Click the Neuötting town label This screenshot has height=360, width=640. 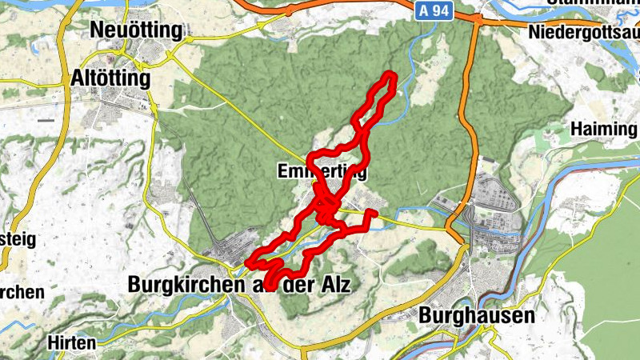coord(137,30)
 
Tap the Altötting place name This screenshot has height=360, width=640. coord(110,79)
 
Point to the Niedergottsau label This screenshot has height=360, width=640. coord(583,33)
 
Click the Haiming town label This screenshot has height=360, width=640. coord(603,129)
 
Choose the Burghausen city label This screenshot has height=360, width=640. coord(476,315)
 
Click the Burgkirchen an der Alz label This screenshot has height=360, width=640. coord(239,285)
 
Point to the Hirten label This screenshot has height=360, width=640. coord(72,342)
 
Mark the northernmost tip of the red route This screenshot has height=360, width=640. coord(390,74)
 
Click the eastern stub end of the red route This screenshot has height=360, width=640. coord(374,213)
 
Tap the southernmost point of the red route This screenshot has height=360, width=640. coord(270,286)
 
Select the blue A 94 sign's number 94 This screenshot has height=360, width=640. coord(439,10)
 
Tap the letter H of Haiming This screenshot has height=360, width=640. coord(577,129)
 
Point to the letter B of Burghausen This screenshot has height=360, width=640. coord(426,315)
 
